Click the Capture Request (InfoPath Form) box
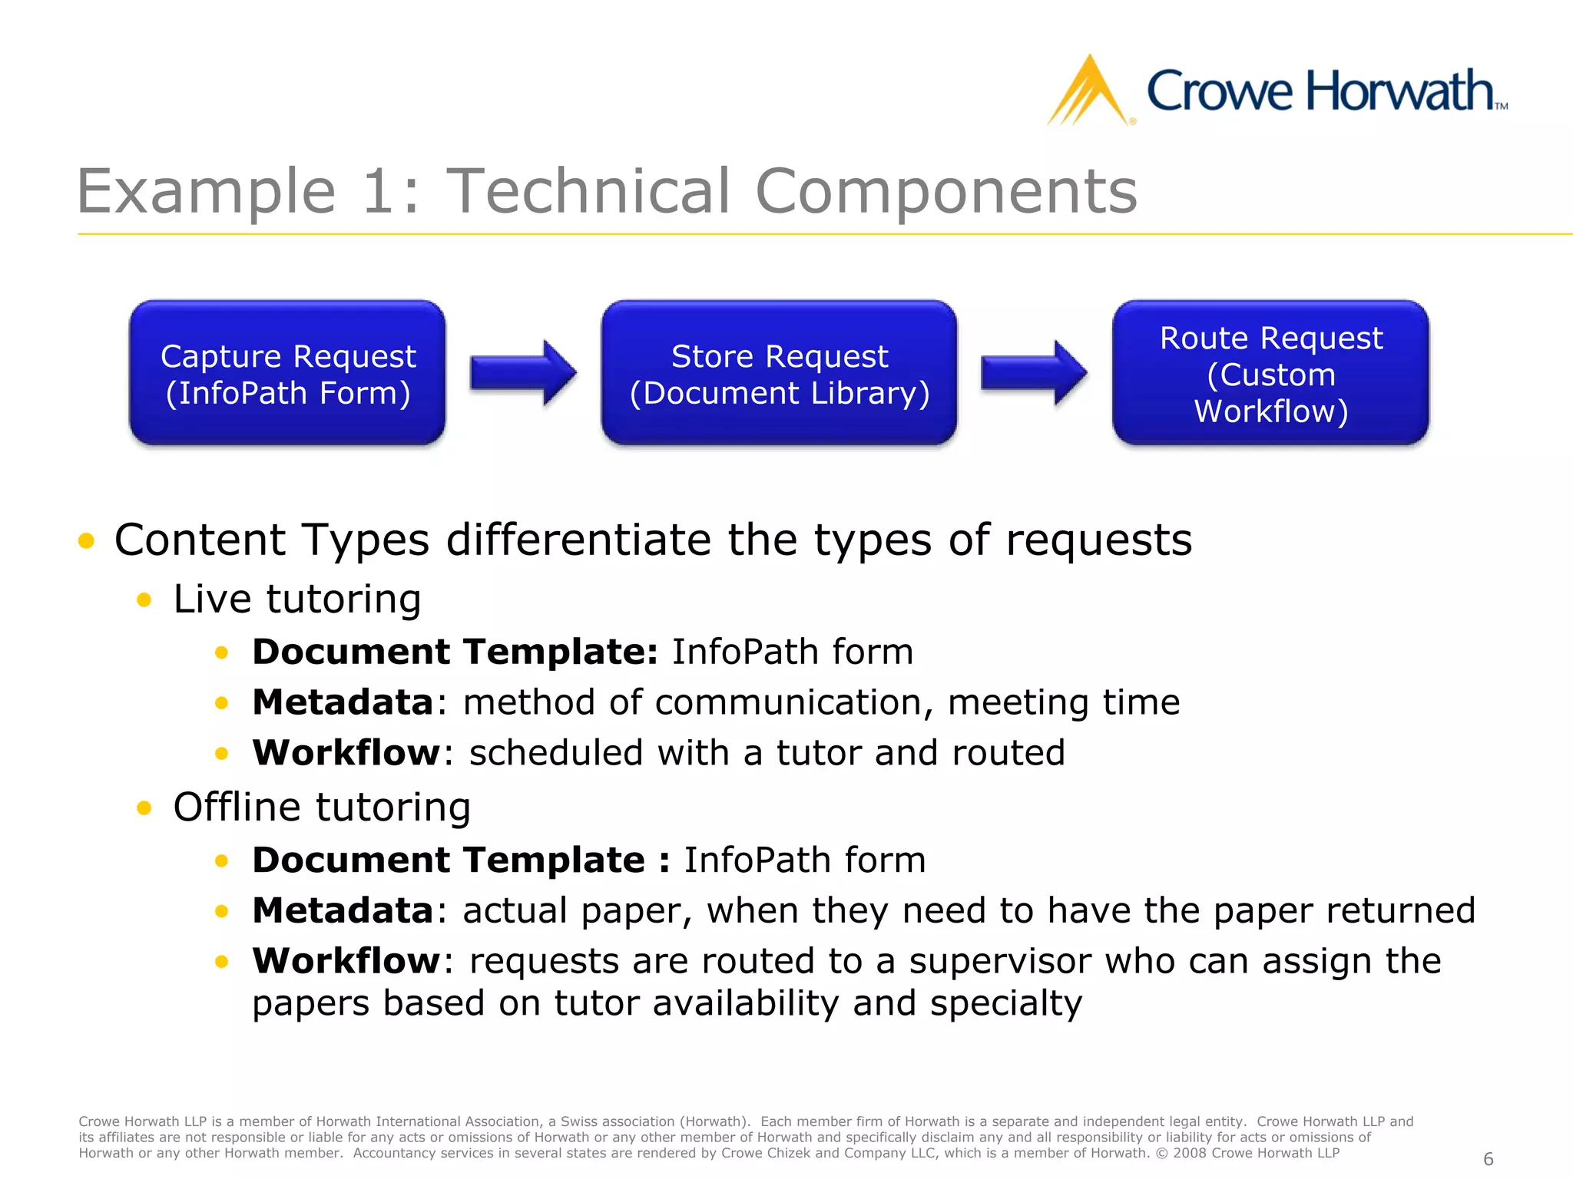(x=287, y=373)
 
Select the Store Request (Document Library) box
(x=779, y=373)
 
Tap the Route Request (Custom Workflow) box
(x=1270, y=373)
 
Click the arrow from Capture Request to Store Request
(x=523, y=373)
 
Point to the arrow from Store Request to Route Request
(x=1034, y=373)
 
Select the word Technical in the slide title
(x=588, y=192)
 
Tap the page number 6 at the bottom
(x=1488, y=1159)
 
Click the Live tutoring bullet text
(x=296, y=599)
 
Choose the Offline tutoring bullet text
(x=322, y=807)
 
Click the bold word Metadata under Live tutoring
(x=343, y=702)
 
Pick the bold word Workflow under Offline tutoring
(x=346, y=961)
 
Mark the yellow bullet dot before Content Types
(x=86, y=540)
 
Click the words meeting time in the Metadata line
(x=1064, y=702)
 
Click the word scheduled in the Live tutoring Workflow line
(x=556, y=753)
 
